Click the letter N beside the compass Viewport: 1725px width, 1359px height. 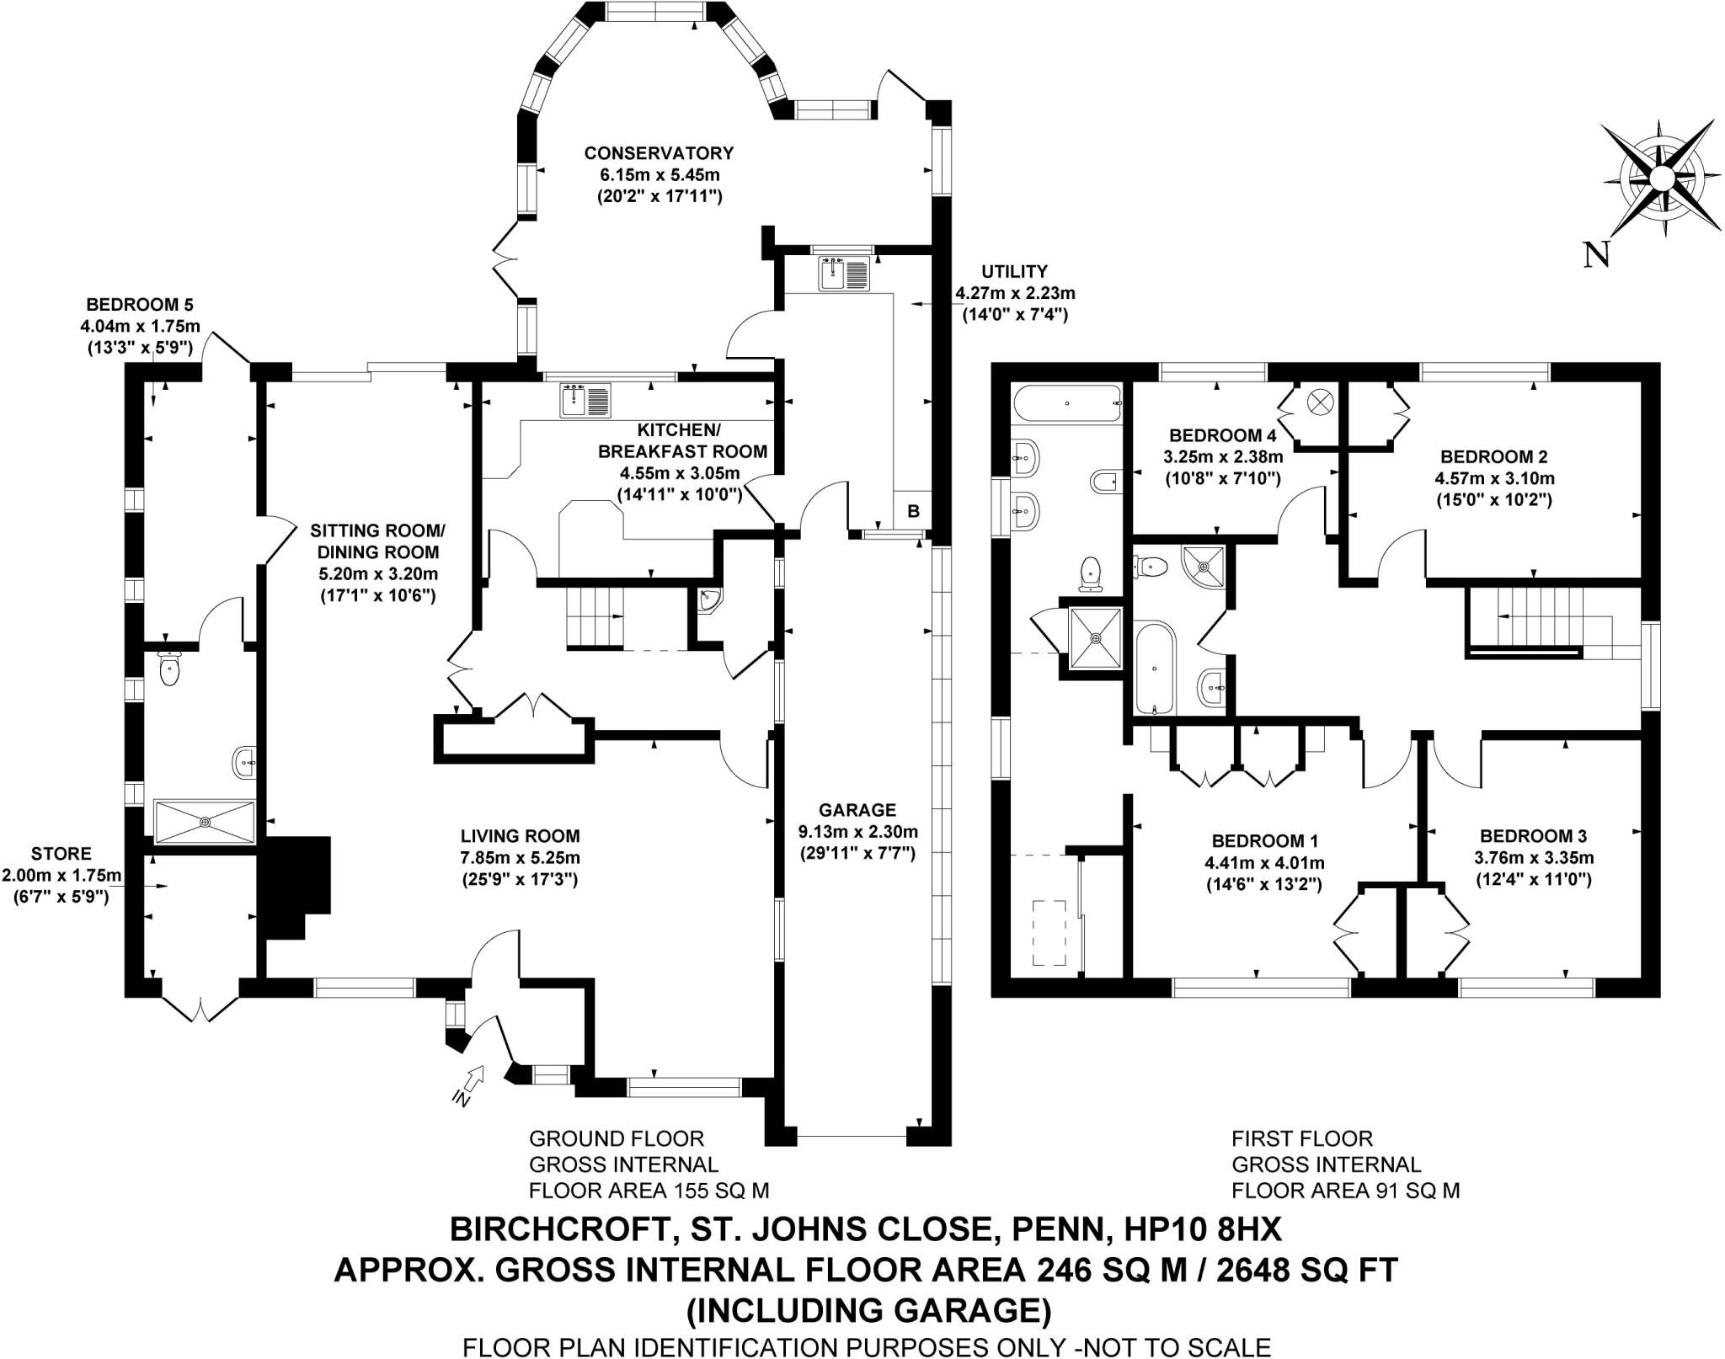point(1597,253)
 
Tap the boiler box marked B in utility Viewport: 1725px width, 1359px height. point(913,510)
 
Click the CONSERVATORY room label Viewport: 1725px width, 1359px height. point(659,153)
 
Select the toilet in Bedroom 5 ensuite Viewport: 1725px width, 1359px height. point(170,669)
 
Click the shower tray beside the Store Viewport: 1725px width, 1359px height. point(204,821)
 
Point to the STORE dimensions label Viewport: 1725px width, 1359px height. point(61,876)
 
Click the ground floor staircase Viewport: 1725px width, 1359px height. point(595,617)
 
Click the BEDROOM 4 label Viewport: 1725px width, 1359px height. point(1222,435)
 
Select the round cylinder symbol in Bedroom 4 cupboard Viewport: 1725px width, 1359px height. point(1318,402)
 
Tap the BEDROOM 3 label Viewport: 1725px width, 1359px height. point(1533,836)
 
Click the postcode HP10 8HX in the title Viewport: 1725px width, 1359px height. point(1203,1229)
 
